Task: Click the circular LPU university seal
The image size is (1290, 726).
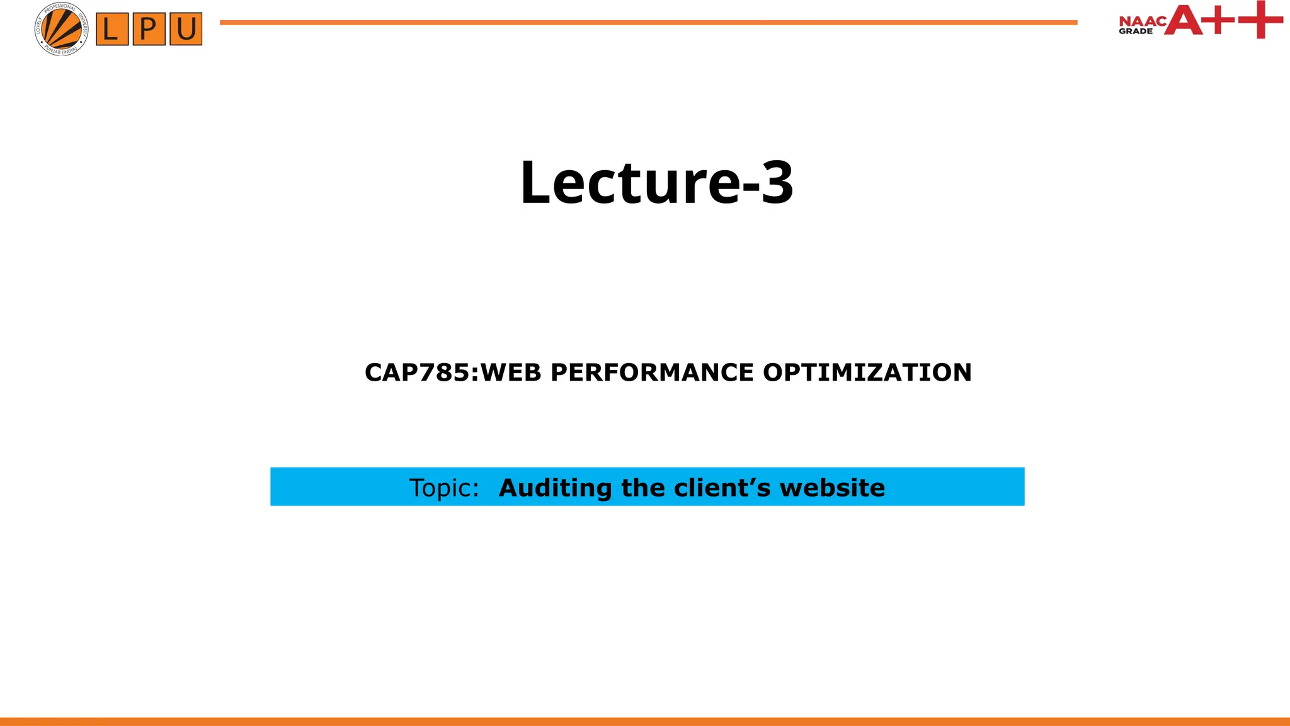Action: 61,29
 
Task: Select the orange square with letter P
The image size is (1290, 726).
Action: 149,29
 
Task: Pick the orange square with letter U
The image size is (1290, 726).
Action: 186,29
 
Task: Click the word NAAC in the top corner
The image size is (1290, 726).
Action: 1143,21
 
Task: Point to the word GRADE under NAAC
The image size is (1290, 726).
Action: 1136,31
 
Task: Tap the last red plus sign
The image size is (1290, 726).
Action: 1260,20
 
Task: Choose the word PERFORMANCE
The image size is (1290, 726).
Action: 652,372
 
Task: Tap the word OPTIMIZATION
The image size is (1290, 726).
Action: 867,372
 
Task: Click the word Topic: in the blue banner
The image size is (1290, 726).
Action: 444,488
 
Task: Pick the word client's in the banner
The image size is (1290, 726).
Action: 722,488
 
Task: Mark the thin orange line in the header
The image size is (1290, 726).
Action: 648,23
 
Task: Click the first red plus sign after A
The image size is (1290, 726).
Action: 1220,20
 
